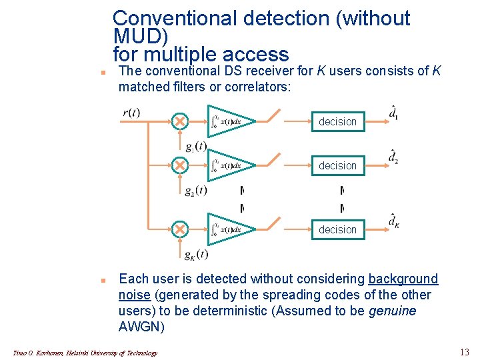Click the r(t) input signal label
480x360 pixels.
tap(131, 113)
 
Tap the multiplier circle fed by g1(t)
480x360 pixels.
tap(179, 121)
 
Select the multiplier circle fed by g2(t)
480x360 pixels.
tap(179, 165)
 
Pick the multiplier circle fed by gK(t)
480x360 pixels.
tap(179, 229)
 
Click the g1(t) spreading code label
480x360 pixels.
tap(196, 147)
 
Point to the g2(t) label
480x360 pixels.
tap(196, 191)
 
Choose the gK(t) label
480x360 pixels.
tap(196, 255)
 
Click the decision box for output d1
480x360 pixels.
tap(337, 121)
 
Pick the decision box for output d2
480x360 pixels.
tap(337, 165)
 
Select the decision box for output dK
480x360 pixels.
tap(337, 229)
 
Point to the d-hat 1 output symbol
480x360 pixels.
tap(394, 113)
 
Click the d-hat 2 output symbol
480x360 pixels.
tap(394, 157)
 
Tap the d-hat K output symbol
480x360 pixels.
tap(395, 221)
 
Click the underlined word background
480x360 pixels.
tap(403, 279)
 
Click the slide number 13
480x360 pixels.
tap(464, 352)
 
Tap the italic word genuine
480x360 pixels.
tap(391, 311)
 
